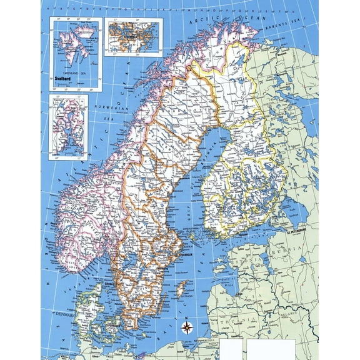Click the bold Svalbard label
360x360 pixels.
coord(64,79)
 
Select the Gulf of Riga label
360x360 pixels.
coord(232,289)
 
